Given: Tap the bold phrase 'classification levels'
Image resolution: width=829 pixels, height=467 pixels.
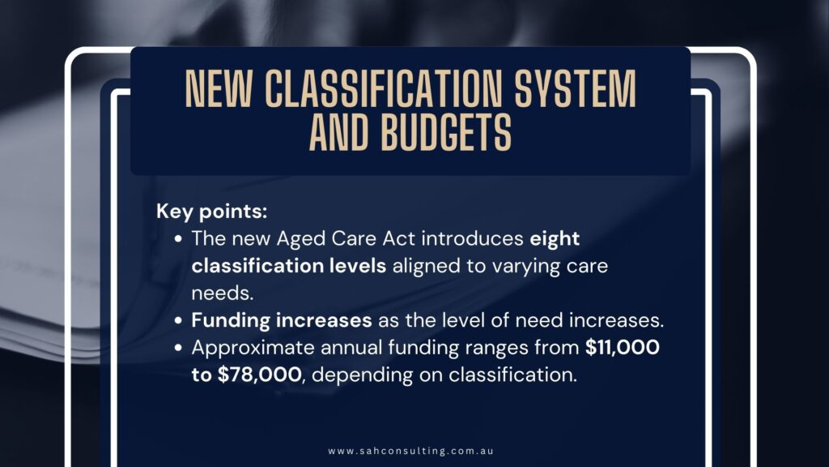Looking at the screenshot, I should tap(288, 266).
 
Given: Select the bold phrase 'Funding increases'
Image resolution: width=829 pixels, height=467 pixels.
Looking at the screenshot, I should tap(281, 319).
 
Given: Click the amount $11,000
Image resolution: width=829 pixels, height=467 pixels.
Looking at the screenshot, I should tap(623, 347).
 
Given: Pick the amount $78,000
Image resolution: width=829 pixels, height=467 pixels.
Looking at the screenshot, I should tap(256, 374).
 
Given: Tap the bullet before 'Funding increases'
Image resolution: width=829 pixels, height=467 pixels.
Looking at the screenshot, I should tap(180, 320).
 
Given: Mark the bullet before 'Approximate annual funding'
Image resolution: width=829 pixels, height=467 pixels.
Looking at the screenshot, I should tap(180, 348).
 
